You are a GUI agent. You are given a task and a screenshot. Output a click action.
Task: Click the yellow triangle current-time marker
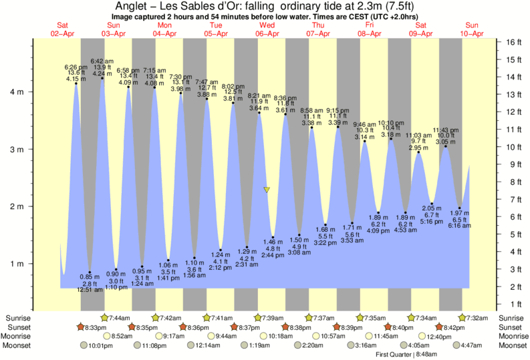click(x=267, y=190)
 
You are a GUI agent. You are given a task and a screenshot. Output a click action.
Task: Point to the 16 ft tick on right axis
click(x=509, y=41)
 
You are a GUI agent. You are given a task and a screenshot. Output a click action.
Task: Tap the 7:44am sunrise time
click(x=119, y=317)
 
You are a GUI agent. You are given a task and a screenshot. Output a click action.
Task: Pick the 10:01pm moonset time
click(x=98, y=346)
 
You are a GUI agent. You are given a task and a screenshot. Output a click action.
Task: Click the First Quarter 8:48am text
click(x=402, y=354)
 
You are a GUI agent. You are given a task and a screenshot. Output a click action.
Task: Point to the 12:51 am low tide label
click(x=90, y=291)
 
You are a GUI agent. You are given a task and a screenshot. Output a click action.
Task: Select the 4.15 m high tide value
click(x=76, y=79)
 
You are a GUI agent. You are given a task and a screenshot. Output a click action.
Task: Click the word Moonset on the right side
click(x=512, y=346)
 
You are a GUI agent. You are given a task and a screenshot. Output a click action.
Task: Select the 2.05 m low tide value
click(x=432, y=208)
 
